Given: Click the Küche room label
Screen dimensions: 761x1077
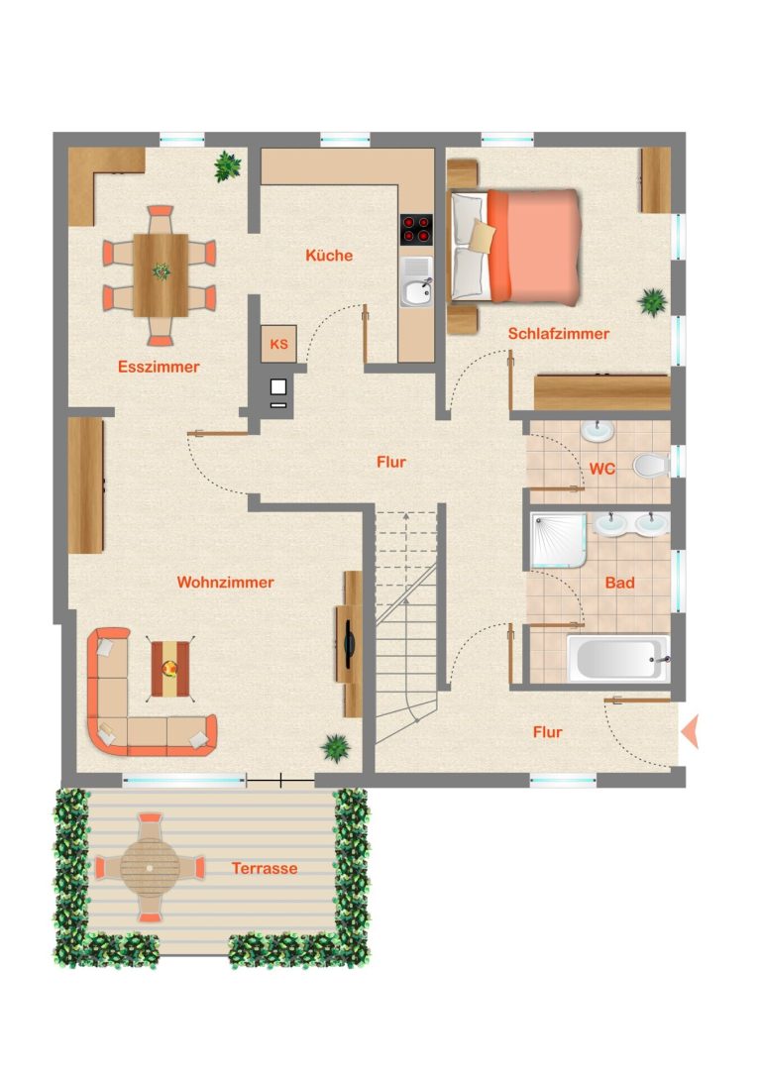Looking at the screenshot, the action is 329,256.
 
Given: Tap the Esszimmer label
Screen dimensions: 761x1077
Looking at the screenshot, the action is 159,367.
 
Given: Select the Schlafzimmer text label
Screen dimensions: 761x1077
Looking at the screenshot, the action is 559,334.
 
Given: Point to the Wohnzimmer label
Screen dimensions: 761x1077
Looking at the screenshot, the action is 225,583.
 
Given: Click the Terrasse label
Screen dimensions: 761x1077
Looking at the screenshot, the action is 265,868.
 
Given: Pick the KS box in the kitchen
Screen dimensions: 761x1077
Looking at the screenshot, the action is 278,344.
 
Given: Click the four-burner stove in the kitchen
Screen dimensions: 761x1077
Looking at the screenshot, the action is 416,230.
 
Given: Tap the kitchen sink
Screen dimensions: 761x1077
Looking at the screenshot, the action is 416,282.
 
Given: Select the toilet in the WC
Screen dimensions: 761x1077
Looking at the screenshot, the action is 651,465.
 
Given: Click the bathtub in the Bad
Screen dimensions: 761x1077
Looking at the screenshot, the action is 617,658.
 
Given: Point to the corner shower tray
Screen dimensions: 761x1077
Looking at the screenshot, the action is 559,540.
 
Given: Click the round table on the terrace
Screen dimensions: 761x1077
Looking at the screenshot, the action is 150,868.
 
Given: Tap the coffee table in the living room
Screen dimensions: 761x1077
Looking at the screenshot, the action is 170,669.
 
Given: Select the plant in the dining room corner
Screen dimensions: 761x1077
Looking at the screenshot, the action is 227,166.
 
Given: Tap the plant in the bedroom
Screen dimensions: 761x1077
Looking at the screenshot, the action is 652,301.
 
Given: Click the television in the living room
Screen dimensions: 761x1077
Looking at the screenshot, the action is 349,644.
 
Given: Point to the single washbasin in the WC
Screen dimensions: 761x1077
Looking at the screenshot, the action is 598,431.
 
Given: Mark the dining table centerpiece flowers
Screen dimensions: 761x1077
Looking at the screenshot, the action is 162,271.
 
